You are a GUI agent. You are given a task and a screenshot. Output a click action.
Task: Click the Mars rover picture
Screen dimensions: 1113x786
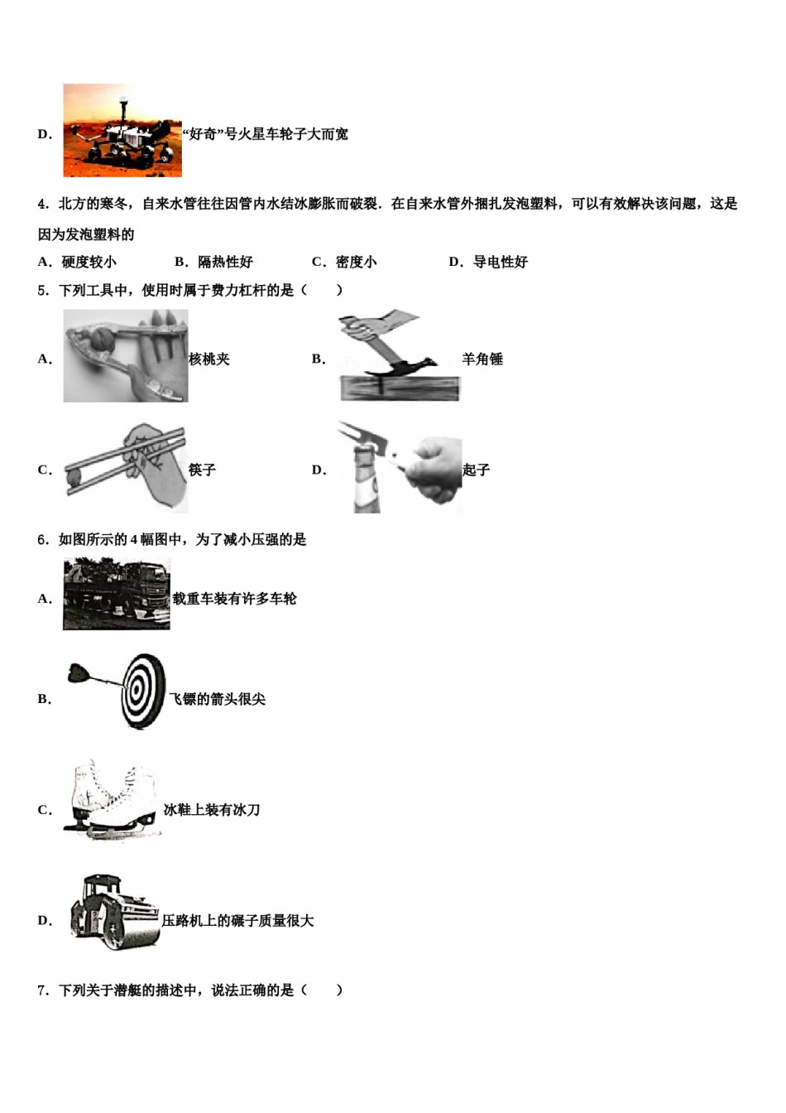[x=122, y=130]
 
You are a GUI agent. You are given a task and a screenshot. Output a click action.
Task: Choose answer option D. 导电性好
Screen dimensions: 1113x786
[x=487, y=262]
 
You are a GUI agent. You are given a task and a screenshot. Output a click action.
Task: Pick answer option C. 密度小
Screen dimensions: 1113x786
[x=343, y=262]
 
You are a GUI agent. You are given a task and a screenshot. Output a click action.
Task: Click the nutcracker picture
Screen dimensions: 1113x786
[x=125, y=356]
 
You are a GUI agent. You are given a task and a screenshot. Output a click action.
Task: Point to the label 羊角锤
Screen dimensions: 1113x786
[x=482, y=359]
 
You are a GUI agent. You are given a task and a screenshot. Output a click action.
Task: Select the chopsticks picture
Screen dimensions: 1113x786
[x=125, y=469]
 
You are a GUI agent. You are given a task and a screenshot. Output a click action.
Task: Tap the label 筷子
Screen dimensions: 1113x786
[x=202, y=470]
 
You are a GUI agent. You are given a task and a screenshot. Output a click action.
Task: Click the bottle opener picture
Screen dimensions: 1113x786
[x=399, y=467]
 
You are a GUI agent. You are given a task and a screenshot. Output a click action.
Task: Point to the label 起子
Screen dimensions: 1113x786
[x=477, y=470]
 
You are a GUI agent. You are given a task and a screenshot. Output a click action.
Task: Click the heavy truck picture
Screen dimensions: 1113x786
[x=117, y=595]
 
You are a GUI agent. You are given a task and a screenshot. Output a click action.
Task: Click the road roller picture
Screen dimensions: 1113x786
[x=115, y=911]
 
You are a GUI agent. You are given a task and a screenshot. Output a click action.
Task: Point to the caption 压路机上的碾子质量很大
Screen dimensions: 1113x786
[x=237, y=920]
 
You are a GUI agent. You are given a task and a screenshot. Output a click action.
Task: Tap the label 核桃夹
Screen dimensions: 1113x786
[x=209, y=359]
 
